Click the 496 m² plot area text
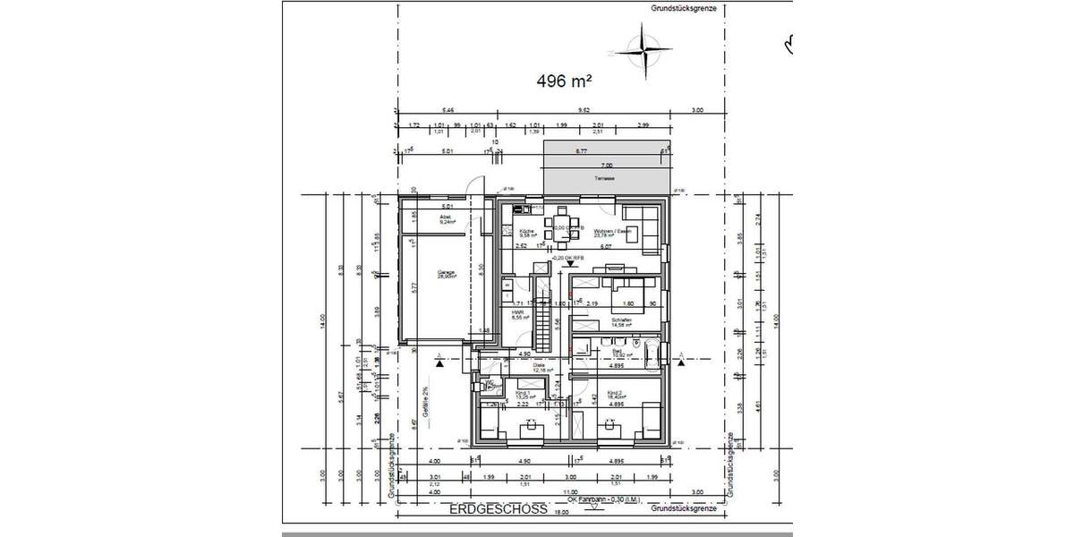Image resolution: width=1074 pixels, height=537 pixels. [566, 81]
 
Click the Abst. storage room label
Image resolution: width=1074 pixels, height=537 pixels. [445, 218]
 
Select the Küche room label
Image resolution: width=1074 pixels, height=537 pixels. [526, 234]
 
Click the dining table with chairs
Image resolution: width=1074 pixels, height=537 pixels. [562, 222]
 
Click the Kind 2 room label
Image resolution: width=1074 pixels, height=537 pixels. [616, 395]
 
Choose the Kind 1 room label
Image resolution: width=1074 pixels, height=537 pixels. [524, 395]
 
